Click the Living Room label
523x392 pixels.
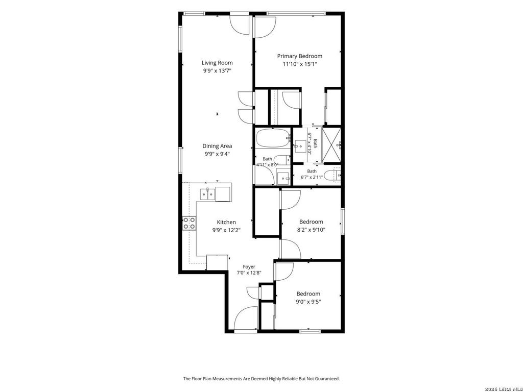217,63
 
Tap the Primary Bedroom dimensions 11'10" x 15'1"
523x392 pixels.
299,64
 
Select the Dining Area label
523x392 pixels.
217,146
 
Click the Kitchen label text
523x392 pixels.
226,222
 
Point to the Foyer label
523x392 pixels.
249,266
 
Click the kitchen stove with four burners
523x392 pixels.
189,224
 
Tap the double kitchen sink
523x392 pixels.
207,194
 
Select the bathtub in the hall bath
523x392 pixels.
273,138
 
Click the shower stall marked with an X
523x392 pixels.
331,144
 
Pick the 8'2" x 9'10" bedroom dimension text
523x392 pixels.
311,230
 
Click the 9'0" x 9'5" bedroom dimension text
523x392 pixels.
308,302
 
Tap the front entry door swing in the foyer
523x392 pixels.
246,318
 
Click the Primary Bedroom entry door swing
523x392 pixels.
265,28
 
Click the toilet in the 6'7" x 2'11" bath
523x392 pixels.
332,176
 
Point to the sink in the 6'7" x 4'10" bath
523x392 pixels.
300,146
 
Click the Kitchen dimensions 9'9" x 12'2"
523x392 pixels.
226,230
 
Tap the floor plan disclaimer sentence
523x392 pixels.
261,379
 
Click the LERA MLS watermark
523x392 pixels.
504,389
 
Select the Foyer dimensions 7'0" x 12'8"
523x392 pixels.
249,273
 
